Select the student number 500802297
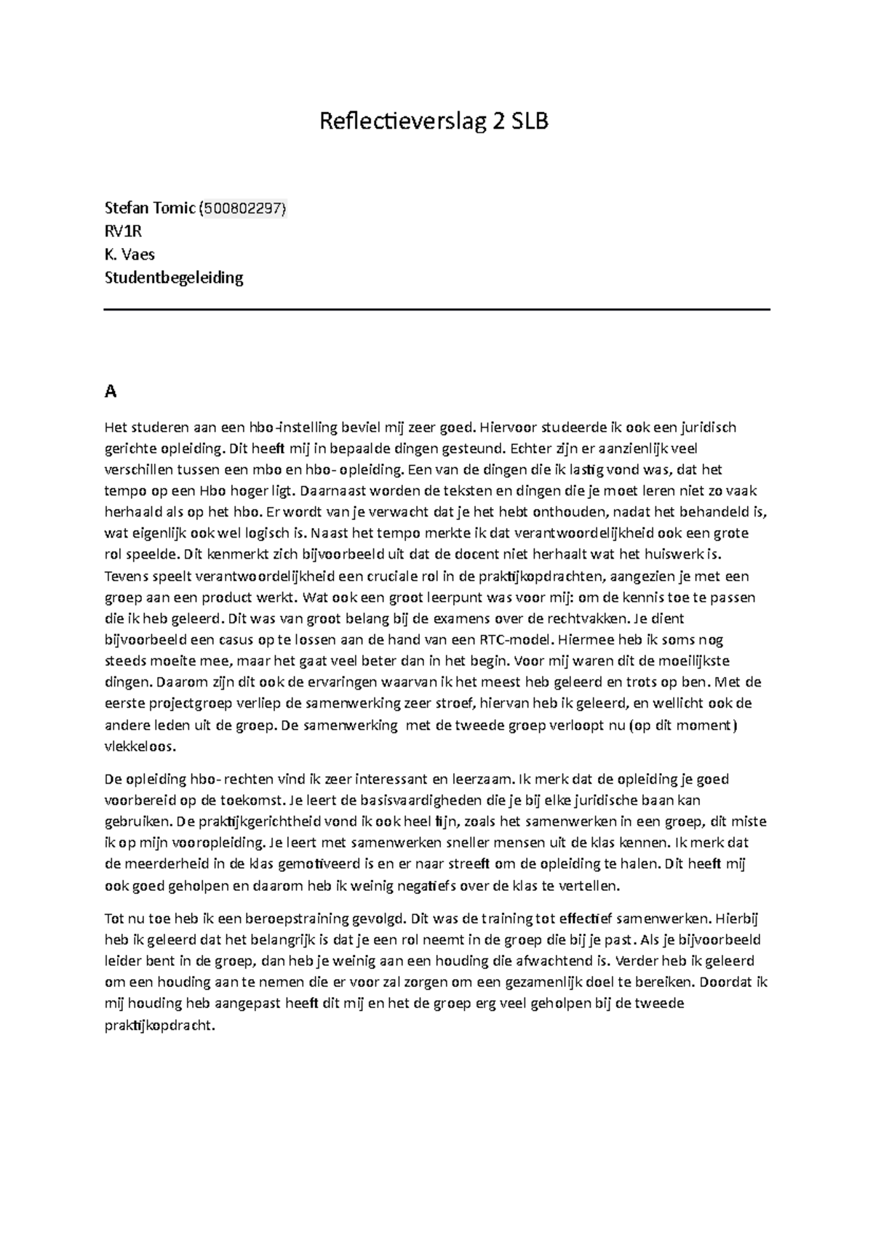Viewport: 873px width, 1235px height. click(244, 209)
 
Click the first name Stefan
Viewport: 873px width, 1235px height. click(125, 209)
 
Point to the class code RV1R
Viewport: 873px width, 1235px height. click(123, 232)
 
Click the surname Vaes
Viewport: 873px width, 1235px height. click(140, 255)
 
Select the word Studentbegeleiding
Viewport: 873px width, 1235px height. click(174, 278)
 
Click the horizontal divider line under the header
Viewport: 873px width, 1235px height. click(436, 310)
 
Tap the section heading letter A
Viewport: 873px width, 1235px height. click(111, 393)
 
